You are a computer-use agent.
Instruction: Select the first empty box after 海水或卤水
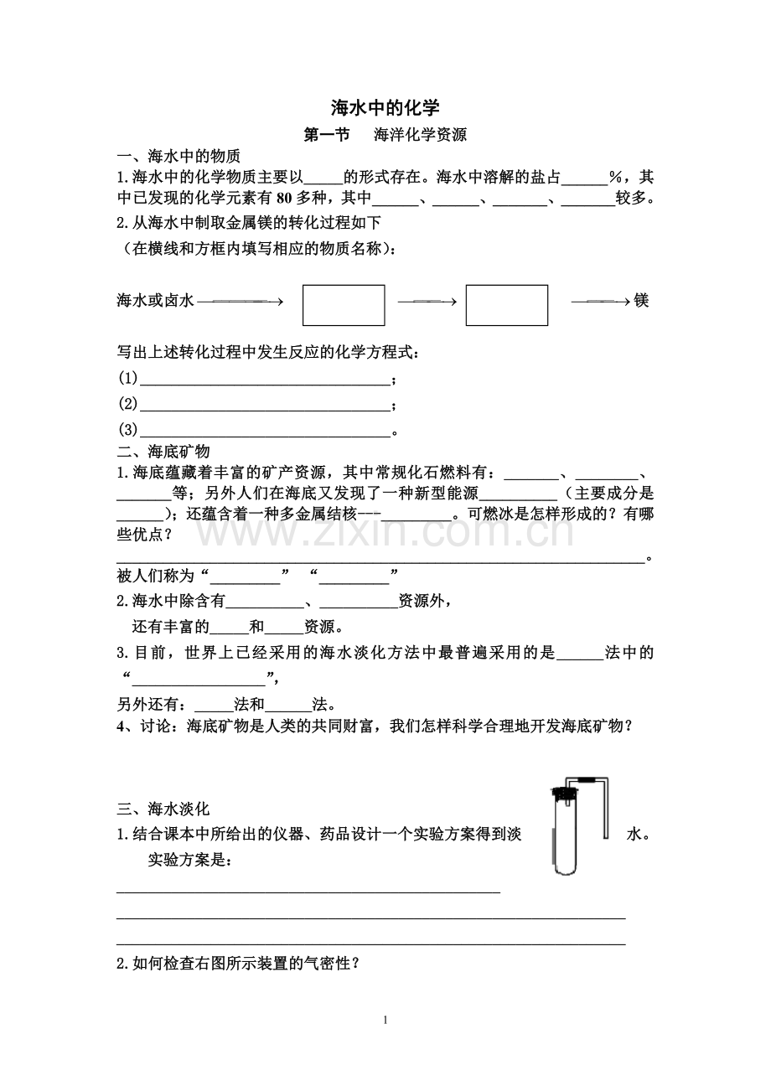(344, 305)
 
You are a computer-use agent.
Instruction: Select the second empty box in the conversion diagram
(506, 305)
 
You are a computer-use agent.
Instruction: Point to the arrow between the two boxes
(426, 302)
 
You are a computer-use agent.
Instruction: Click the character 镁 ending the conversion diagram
(642, 300)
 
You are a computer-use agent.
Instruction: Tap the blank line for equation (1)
(266, 380)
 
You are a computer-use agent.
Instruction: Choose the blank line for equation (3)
(266, 432)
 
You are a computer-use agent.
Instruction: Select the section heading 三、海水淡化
(163, 809)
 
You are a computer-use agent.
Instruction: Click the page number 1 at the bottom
(385, 1020)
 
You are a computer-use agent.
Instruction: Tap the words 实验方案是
(190, 861)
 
